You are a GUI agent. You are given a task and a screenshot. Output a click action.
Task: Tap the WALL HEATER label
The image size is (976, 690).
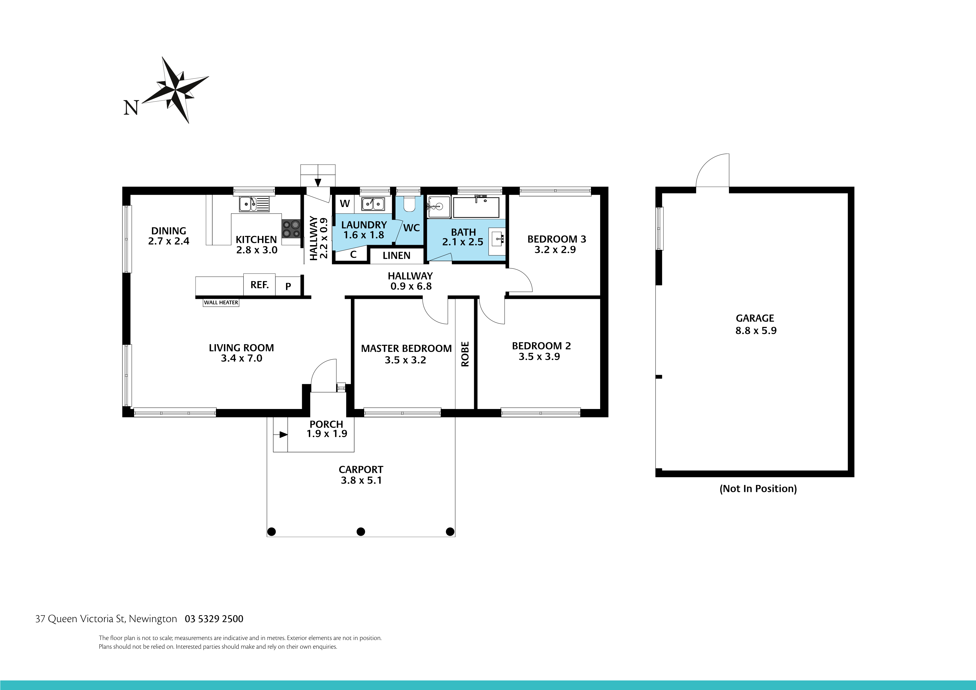221,303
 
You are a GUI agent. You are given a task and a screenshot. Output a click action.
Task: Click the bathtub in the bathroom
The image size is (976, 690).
476,207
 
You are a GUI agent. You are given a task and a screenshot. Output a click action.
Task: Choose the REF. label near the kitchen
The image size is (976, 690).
259,285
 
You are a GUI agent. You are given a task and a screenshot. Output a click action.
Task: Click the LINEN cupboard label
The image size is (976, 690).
396,255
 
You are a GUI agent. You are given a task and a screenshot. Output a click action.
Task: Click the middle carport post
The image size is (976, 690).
361,531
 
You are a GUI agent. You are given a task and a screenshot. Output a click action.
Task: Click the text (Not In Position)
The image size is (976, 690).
758,489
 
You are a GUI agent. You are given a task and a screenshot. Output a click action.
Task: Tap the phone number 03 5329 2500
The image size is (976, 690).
214,619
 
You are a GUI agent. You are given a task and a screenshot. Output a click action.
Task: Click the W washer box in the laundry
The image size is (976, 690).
345,204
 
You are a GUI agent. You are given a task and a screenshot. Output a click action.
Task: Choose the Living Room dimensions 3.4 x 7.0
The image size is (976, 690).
241,358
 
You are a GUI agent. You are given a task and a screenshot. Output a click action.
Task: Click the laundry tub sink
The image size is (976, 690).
373,204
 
